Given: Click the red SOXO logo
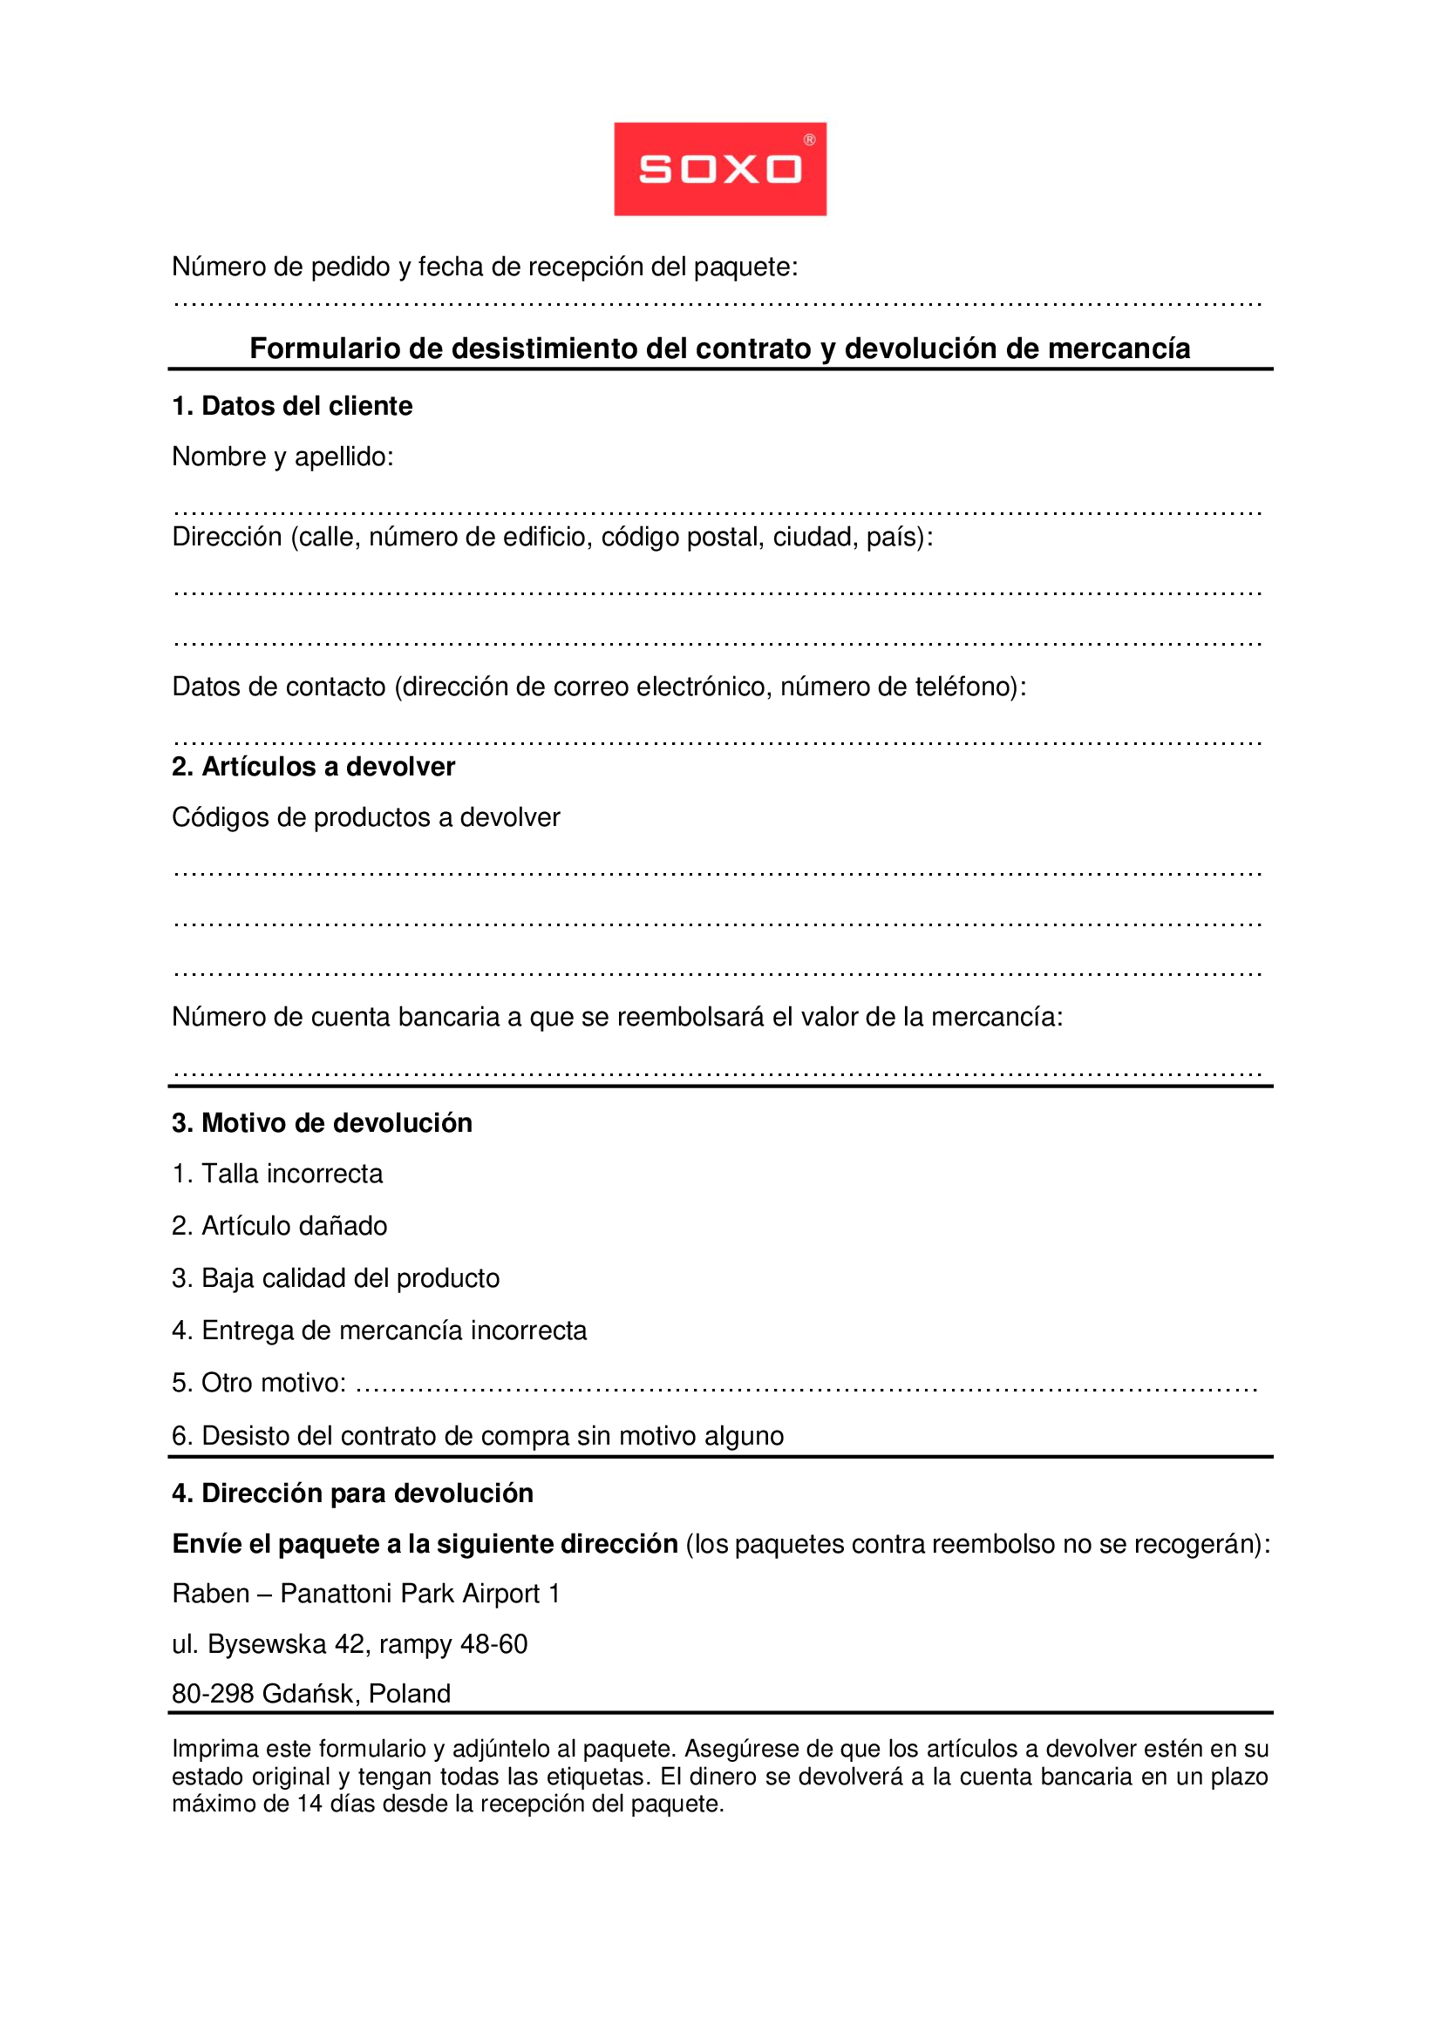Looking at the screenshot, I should pyautogui.click(x=719, y=169).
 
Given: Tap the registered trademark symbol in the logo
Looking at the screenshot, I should pyautogui.click(x=809, y=139).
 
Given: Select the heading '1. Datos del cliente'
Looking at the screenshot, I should pyautogui.click(x=292, y=407).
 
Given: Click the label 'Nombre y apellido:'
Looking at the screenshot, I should pyautogui.click(x=282, y=457).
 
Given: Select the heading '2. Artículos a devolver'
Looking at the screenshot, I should pyautogui.click(x=313, y=767).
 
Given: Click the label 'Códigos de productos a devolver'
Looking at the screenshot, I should pyautogui.click(x=366, y=817).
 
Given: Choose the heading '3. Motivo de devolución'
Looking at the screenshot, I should pyautogui.click(x=322, y=1124).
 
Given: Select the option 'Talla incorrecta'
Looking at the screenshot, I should pyautogui.click(x=291, y=1175).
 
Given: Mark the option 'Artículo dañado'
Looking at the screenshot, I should pyautogui.click(x=294, y=1227).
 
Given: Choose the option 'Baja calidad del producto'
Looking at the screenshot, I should pyautogui.click(x=350, y=1279).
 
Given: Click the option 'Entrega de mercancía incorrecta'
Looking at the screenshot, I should pyautogui.click(x=393, y=1331).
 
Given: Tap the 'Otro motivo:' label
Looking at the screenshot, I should pyautogui.click(x=273, y=1384).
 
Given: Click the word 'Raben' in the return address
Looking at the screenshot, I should pyautogui.click(x=210, y=1595).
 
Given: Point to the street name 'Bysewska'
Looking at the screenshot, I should pyautogui.click(x=267, y=1645).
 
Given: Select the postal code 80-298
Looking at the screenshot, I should pyautogui.click(x=213, y=1695).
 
